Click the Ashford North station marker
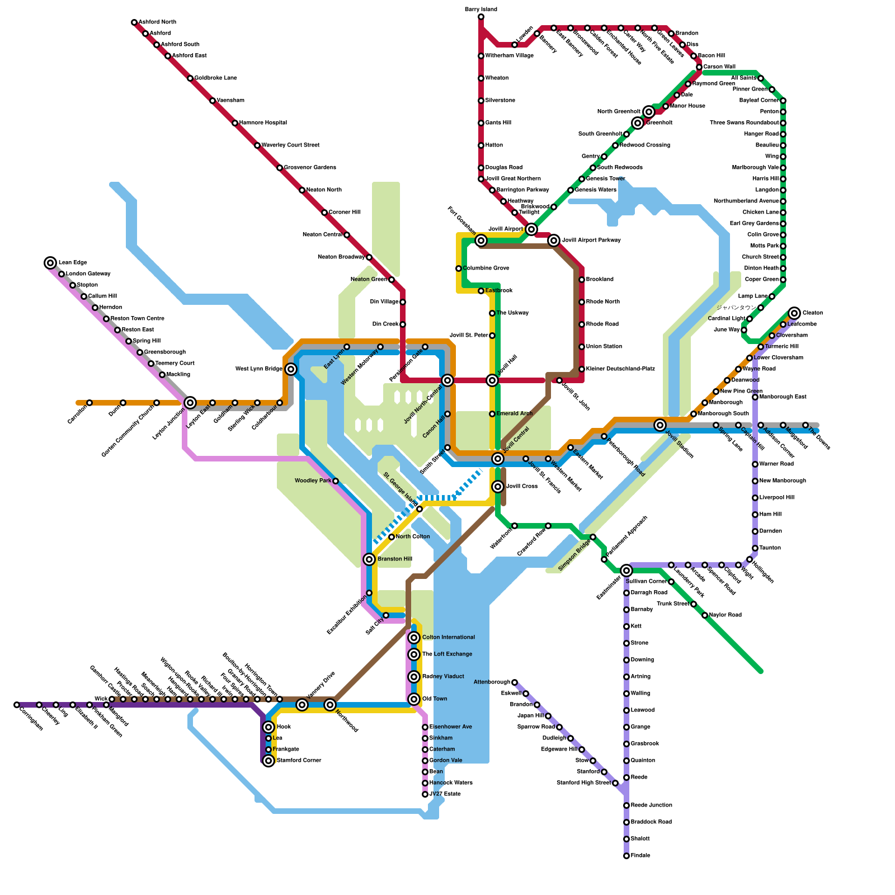tap(134, 22)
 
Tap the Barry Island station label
tap(481, 10)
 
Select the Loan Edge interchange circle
tap(50, 263)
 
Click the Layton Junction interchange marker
tap(190, 403)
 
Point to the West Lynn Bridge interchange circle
tap(291, 369)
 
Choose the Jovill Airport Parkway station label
tap(591, 241)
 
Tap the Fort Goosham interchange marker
tap(481, 241)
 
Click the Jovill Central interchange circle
tap(498, 459)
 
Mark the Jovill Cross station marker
tap(498, 487)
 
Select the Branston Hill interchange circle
tap(369, 559)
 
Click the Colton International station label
tap(448, 638)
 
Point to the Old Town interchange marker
tap(414, 699)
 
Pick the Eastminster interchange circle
tap(626, 571)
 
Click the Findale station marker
tap(626, 856)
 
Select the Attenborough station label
tap(492, 682)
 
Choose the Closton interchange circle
tap(794, 313)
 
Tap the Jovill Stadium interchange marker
tap(660, 425)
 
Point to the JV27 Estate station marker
tap(425, 794)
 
